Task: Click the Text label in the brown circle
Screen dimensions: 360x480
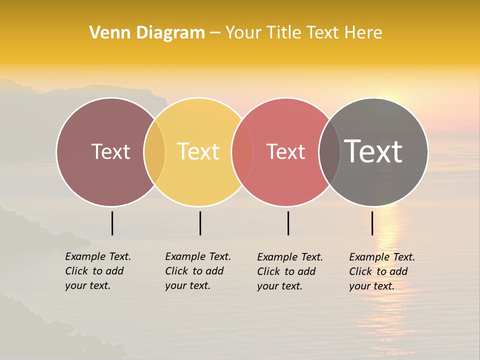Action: tap(110, 151)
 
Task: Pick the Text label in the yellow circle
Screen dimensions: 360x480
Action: tap(198, 151)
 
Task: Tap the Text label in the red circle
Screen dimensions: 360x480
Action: tap(285, 151)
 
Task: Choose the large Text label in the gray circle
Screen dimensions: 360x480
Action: tap(373, 151)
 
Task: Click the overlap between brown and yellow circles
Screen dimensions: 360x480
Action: tap(154, 152)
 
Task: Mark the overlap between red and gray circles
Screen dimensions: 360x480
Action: tap(329, 152)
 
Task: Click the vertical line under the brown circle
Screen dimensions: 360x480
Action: tap(112, 223)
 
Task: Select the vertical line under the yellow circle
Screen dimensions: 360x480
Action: tap(200, 223)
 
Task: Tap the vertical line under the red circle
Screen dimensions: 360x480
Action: tap(288, 223)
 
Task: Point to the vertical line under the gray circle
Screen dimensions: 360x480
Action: tap(372, 223)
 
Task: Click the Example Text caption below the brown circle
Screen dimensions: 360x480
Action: tap(97, 271)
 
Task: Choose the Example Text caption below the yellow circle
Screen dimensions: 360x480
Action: tap(197, 271)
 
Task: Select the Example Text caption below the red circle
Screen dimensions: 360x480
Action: tap(289, 271)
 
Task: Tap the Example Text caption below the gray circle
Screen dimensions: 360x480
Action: tap(381, 271)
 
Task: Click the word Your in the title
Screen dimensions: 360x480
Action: tap(243, 32)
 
